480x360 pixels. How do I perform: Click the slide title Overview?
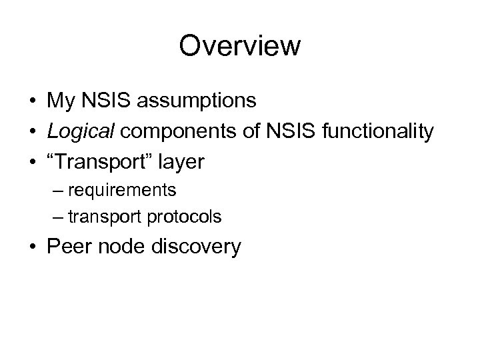240,47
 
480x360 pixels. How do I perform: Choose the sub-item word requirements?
131,191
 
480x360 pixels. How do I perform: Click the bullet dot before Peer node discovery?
33,247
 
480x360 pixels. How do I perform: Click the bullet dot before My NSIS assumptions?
33,101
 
